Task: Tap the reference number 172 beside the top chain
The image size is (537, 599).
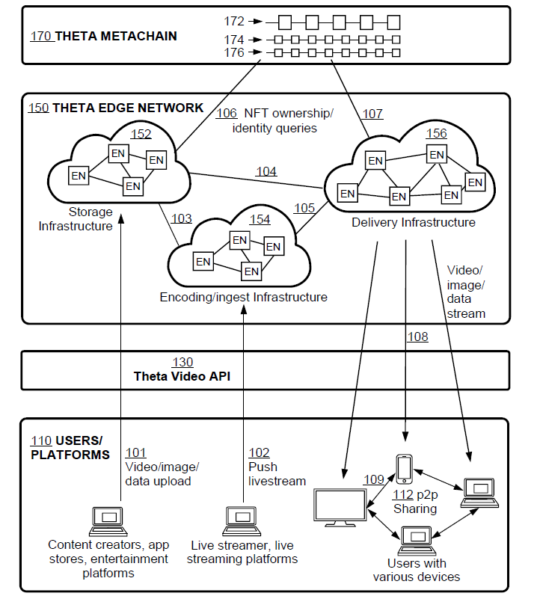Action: (233, 22)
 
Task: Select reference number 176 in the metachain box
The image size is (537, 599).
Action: (233, 52)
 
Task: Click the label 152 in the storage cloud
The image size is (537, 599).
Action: (141, 135)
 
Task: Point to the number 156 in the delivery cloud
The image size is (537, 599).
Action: (436, 133)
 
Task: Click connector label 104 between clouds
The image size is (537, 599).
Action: (266, 171)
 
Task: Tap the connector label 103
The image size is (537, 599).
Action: (182, 218)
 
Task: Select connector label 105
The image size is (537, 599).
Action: (304, 207)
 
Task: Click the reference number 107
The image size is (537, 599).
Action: (372, 114)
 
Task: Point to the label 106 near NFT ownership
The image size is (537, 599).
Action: (227, 114)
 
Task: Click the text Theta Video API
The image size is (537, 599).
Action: (182, 376)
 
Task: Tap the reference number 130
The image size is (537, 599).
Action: (183, 362)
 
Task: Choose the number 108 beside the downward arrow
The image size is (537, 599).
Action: (418, 337)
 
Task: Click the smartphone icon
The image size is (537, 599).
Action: (405, 469)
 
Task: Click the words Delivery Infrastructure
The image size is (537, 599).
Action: (414, 222)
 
